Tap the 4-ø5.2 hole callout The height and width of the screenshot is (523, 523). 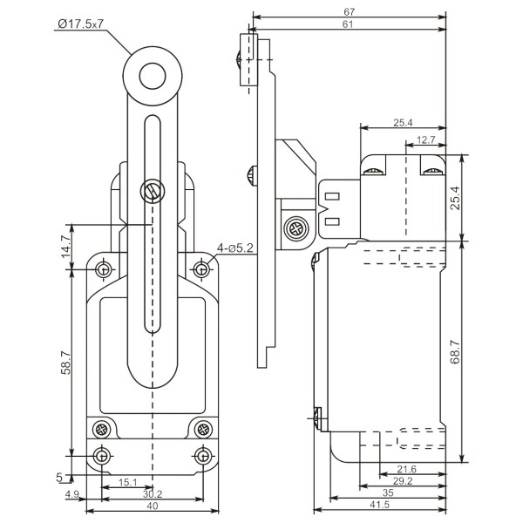coord(234,248)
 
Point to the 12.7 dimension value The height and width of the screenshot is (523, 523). coord(425,139)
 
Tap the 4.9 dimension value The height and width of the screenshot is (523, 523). coord(73,495)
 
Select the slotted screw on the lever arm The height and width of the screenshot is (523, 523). coord(153,189)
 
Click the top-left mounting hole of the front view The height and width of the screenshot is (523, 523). coord(105,268)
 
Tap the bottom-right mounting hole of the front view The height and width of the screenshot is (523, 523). coord(202,455)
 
